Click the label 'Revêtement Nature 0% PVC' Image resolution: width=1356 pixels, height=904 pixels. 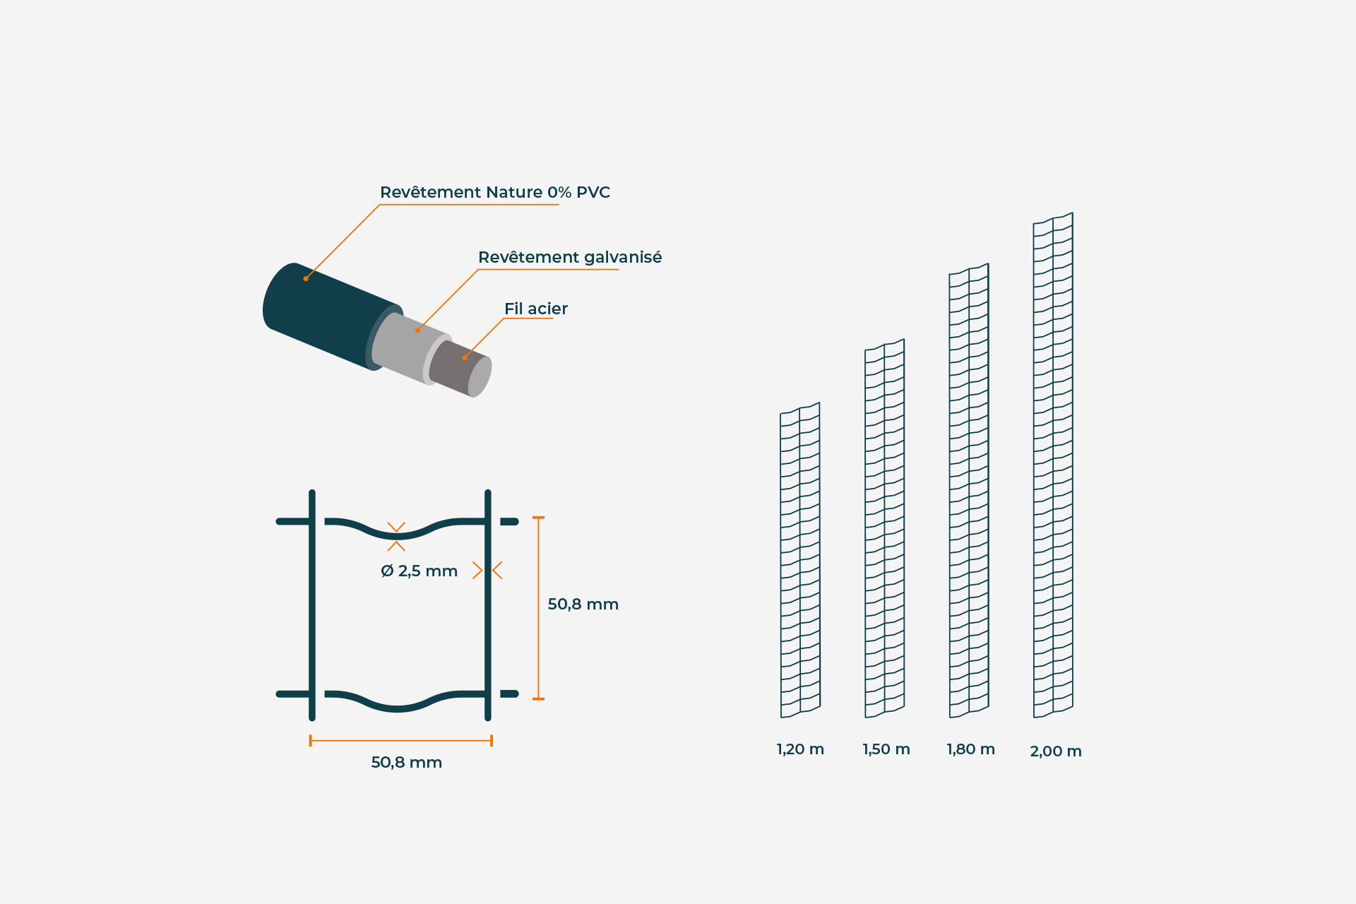[494, 192]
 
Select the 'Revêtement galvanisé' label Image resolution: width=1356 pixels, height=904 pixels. [570, 257]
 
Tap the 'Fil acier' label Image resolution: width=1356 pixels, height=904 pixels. [536, 309]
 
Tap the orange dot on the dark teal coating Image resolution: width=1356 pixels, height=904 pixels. [306, 279]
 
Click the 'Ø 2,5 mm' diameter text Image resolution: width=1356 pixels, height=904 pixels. [419, 571]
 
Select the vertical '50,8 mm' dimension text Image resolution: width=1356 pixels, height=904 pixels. [583, 605]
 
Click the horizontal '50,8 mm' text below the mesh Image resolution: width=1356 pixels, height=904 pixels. [407, 763]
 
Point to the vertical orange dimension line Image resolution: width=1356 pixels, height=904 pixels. [538, 608]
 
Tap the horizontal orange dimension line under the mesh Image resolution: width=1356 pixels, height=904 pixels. [400, 741]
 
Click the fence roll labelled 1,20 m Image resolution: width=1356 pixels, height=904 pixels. [800, 560]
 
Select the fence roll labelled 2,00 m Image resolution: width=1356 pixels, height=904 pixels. [1053, 465]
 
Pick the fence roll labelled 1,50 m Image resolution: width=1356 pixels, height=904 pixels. [885, 528]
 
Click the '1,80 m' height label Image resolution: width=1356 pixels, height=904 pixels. [971, 749]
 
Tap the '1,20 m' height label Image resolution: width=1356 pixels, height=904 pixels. [801, 749]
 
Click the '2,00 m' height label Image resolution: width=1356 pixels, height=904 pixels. [1056, 751]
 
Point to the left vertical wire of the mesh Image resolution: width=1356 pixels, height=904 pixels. [312, 605]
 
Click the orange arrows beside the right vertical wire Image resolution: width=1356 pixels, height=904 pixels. [487, 570]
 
